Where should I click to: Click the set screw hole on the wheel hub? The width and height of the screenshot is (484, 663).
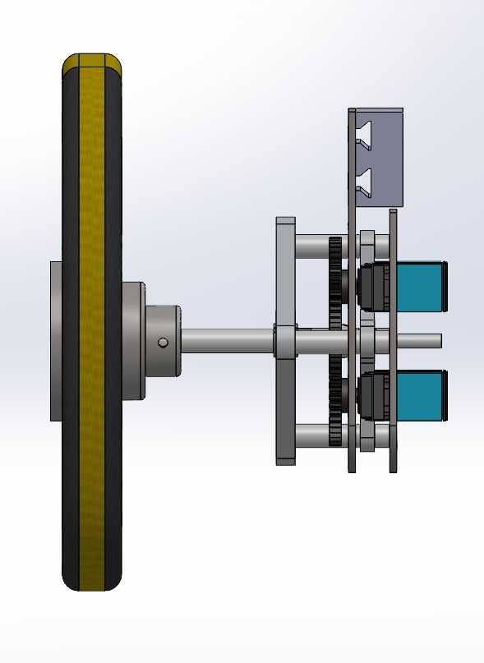pos(163,342)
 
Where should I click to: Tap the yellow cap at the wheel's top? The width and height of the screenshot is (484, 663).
pos(92,62)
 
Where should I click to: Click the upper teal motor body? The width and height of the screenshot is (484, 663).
pos(420,286)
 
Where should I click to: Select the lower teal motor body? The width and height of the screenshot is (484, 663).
pos(420,395)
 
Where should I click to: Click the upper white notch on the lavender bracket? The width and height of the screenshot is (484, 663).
pos(364,133)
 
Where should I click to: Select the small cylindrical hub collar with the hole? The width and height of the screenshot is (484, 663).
pos(164,340)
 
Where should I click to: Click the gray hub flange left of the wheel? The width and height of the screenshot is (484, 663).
pos(56,341)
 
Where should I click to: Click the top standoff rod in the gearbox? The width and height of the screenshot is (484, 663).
pos(311,245)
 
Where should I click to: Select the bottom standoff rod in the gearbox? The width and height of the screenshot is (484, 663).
pos(311,434)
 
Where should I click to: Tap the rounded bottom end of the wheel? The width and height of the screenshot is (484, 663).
pos(92,582)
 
